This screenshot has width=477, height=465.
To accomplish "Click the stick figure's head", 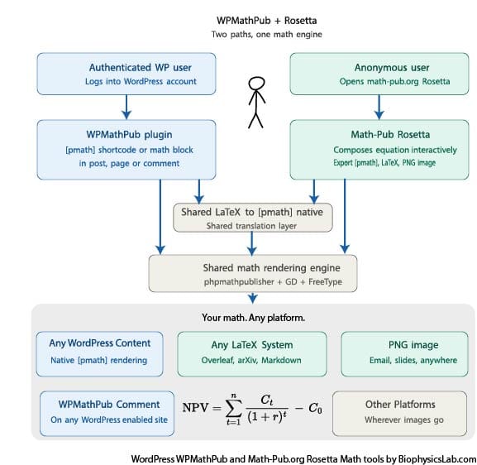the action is point(256,83).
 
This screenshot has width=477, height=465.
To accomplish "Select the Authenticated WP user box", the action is point(126,74).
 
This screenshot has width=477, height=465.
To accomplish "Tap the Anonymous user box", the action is point(379,74).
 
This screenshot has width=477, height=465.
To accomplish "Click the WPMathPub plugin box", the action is point(126,150).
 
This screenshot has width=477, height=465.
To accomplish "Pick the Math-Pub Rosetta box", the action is point(379,150).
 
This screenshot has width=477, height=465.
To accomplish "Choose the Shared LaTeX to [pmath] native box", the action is point(253,218).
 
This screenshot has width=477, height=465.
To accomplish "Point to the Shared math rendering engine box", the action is point(253,274).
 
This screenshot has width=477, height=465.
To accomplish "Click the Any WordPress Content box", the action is point(99,354).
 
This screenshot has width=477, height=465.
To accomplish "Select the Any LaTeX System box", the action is point(252,354).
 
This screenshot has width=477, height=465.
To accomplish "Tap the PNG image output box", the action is point(404,354).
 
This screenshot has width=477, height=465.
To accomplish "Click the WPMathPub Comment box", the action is point(107,414).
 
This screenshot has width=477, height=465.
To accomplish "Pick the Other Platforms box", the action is point(399,414).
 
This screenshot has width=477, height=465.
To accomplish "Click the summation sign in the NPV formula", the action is point(234,409).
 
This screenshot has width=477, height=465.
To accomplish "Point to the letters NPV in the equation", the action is point(195,407).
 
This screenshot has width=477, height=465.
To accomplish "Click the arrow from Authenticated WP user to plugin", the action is point(126,108).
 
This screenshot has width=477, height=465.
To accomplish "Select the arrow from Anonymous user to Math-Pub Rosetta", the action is point(379,108).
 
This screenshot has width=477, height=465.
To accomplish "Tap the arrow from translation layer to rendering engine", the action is point(252,243).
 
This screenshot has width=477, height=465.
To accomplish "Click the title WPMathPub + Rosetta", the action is point(267,21).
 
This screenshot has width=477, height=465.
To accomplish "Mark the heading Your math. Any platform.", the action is point(253,318).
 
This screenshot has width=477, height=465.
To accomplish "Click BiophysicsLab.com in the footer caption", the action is point(437,458).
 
